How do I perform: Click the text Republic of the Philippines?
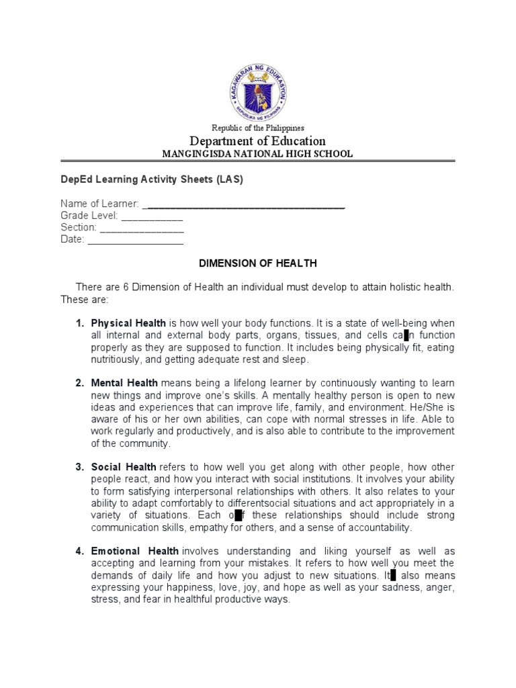coord(258,128)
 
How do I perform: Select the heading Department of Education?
coord(258,141)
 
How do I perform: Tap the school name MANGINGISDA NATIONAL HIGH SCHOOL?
coord(257,154)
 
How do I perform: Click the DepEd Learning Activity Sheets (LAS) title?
coord(152,181)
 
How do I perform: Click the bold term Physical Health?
coord(128,323)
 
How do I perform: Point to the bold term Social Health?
coord(124,467)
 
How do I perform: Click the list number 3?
coord(79,467)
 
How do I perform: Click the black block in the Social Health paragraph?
coord(238,515)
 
